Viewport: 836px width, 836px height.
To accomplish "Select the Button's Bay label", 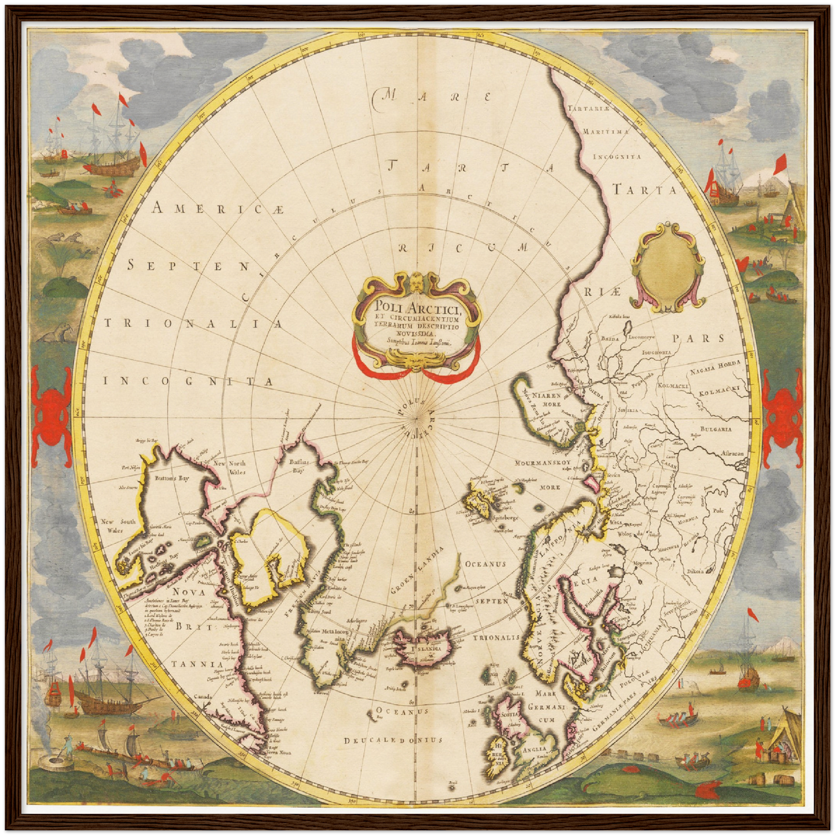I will pyautogui.click(x=172, y=479).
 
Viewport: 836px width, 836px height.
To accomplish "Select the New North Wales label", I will pyautogui.click(x=230, y=467).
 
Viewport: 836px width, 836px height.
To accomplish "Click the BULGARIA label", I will pyautogui.click(x=716, y=429).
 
